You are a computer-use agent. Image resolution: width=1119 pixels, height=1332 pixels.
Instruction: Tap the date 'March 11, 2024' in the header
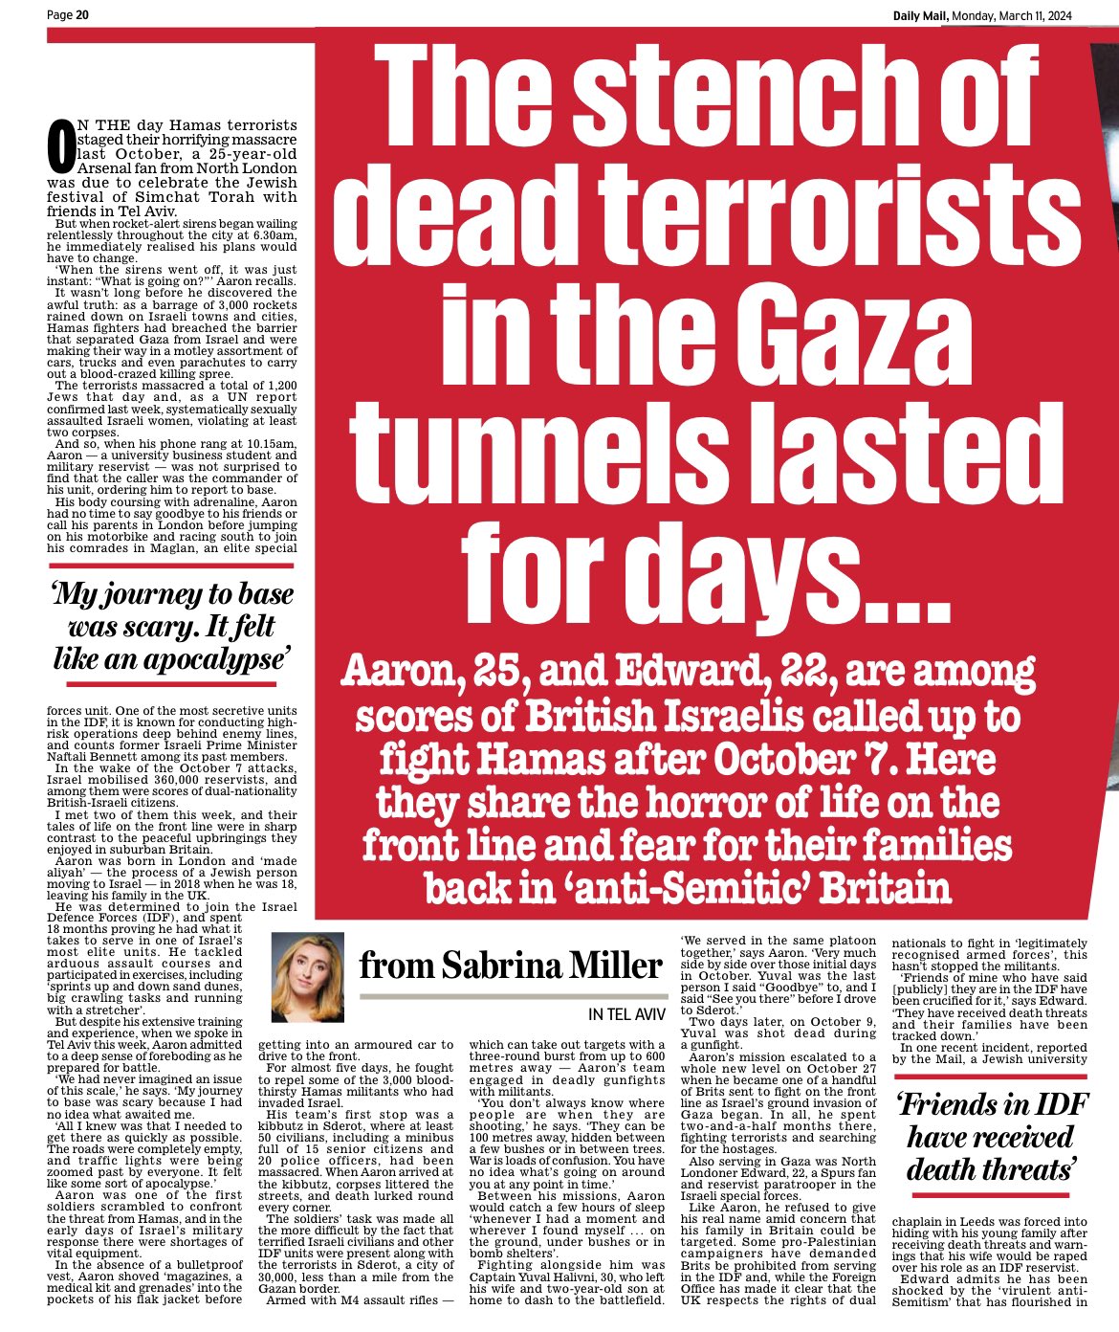coord(1023,14)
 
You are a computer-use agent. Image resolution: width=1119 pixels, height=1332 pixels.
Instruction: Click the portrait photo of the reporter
coord(308,977)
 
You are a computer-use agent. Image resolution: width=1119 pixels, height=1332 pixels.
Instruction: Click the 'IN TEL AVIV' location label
coord(625,1014)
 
